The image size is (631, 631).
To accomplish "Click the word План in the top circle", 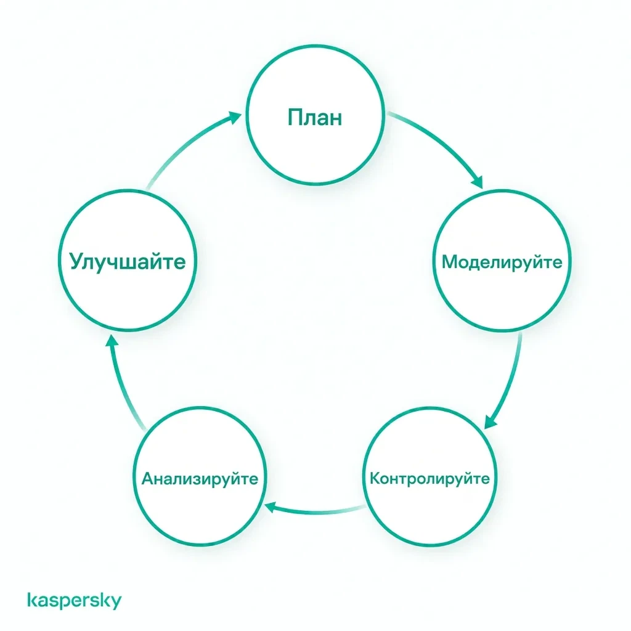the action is pos(315,118).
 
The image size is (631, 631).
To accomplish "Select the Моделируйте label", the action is pos(502,263).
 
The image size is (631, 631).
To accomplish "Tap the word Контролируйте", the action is pos(429,479).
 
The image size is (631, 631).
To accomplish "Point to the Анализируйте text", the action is pos(200,479).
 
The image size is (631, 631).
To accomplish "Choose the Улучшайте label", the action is pos(128,262).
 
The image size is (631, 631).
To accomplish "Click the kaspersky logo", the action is pos(75,600).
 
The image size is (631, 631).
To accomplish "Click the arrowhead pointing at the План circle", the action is pos(234,117).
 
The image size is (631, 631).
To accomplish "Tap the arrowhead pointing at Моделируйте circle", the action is pos(478,182).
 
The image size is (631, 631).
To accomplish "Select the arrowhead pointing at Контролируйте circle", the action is pos(490,423).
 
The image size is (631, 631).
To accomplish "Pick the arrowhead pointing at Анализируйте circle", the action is pos(271,507).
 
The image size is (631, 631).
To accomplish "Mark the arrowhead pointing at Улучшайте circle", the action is pos(112,341).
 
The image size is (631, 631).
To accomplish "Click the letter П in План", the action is pos(295,118).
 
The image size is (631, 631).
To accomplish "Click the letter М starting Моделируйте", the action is pos(450,262).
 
